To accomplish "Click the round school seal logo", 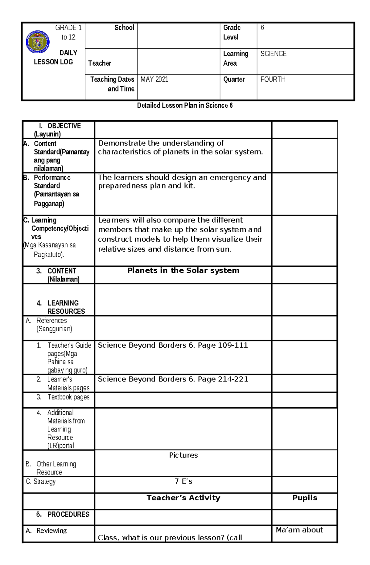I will pyautogui.click(x=38, y=42).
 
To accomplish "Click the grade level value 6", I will pyautogui.click(x=262, y=28).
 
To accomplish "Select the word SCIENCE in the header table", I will pyautogui.click(x=273, y=54).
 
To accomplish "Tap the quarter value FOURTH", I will pyautogui.click(x=273, y=79).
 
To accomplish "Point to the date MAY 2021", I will pyautogui.click(x=154, y=79).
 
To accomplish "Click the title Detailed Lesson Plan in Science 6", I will pyautogui.click(x=185, y=106).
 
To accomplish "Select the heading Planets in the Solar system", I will pyautogui.click(x=183, y=271).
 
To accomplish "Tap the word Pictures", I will pyautogui.click(x=183, y=455).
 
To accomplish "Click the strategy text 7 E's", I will pyautogui.click(x=183, y=482).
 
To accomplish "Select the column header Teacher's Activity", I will pyautogui.click(x=183, y=498).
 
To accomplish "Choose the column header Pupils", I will pyautogui.click(x=305, y=498).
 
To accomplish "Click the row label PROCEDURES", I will pyautogui.click(x=68, y=515).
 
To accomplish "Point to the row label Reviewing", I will pyautogui.click(x=51, y=531).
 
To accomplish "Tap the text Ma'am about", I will pyautogui.click(x=299, y=530).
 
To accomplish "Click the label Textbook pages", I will pyautogui.click(x=68, y=397).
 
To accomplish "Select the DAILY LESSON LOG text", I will pyautogui.click(x=53, y=58).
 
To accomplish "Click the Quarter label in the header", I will pyautogui.click(x=234, y=79).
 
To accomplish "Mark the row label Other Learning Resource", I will pyautogui.click(x=56, y=468).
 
